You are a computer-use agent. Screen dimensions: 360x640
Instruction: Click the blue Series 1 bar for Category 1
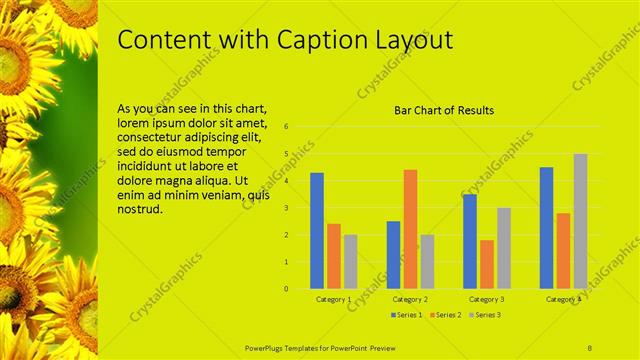[x=317, y=231]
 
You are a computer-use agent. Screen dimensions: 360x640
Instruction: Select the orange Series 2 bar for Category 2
[x=410, y=229]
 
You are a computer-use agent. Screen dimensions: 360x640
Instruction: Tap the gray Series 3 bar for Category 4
[x=580, y=221]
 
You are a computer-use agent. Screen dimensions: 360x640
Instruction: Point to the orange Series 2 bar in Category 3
[x=486, y=264]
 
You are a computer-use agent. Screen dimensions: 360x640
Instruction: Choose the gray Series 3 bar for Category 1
[x=350, y=261]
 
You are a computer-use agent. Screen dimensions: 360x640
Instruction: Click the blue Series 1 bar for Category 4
[x=546, y=228]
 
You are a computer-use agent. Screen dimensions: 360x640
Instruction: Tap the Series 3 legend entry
[x=486, y=315]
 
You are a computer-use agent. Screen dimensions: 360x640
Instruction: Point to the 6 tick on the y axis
[x=286, y=127]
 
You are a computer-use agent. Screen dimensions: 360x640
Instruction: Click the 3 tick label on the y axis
[x=286, y=208]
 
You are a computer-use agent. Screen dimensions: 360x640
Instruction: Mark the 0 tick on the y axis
[x=286, y=289]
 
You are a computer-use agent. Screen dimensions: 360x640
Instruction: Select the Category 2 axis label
[x=410, y=299]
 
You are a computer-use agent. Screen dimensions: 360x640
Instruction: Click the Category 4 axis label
[x=563, y=299]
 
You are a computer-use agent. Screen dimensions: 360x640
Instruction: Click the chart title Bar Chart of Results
[x=443, y=110]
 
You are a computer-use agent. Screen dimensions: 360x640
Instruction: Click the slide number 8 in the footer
[x=589, y=346]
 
